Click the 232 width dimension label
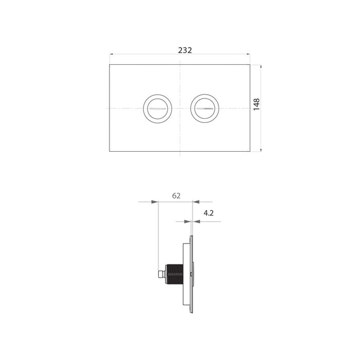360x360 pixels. pyautogui.click(x=185, y=50)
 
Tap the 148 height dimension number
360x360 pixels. pyautogui.click(x=257, y=104)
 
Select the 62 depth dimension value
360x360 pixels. pyautogui.click(x=176, y=196)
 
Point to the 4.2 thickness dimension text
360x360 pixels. pyautogui.click(x=208, y=213)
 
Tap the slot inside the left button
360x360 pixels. pyautogui.click(x=157, y=109)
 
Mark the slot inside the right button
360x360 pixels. pyautogui.click(x=205, y=109)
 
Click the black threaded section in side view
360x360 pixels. pyautogui.click(x=175, y=274)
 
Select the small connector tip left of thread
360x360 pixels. pyautogui.click(x=163, y=274)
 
